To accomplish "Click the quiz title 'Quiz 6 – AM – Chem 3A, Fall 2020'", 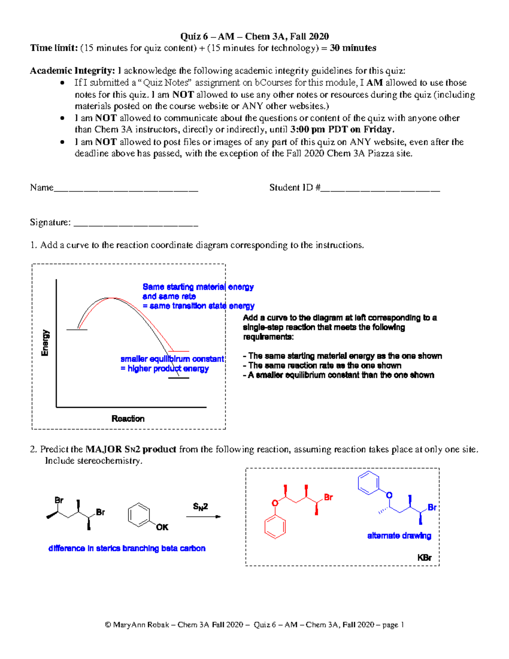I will click(x=255, y=36).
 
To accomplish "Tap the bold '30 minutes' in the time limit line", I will click(x=353, y=48).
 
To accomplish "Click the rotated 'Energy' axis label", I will click(x=45, y=343).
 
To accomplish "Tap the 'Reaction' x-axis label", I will click(x=128, y=419).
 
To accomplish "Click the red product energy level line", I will click(x=179, y=351).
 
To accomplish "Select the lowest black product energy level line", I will click(x=179, y=378).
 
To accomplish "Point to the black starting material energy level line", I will click(x=77, y=330).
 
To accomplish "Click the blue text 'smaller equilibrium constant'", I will click(x=172, y=359).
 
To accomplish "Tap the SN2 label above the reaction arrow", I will click(x=200, y=506).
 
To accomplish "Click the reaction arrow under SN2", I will click(x=204, y=516).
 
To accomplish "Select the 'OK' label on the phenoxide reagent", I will click(x=162, y=527).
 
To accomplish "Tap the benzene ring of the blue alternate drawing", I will click(x=368, y=482).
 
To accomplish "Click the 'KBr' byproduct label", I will click(x=424, y=558).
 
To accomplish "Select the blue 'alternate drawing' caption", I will click(x=399, y=536).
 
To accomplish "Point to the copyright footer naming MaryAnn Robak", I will click(x=255, y=625).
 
